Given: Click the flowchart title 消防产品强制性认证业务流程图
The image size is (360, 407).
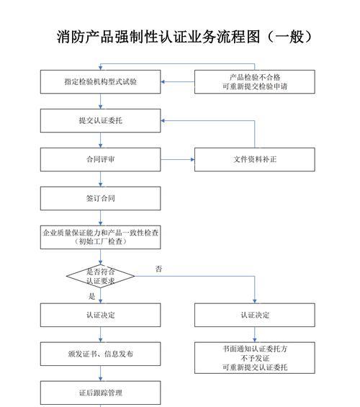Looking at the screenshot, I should click(184, 37).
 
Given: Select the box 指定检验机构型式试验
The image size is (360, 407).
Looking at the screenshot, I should click(100, 82).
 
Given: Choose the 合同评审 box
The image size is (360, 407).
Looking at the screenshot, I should click(100, 159).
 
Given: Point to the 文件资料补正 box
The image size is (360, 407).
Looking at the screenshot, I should click(255, 159).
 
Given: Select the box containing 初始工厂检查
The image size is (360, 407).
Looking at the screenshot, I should click(100, 238).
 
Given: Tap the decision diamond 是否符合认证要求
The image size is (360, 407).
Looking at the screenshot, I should click(100, 276).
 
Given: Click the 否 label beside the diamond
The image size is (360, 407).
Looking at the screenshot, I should click(158, 269).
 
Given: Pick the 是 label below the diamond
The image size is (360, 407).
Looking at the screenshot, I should click(91, 296).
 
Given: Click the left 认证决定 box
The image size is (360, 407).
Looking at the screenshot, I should click(100, 316).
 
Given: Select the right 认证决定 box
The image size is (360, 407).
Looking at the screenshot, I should click(255, 316).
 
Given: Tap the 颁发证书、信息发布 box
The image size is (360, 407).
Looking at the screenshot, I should click(100, 354).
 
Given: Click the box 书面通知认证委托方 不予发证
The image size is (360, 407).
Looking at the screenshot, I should click(255, 358).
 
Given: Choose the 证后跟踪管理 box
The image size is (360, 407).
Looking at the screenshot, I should click(100, 393).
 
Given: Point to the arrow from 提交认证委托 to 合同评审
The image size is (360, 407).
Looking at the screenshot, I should click(100, 140).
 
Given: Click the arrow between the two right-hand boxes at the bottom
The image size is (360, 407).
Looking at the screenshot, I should click(255, 334).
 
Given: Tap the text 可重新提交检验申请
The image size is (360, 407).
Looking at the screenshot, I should click(255, 86).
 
